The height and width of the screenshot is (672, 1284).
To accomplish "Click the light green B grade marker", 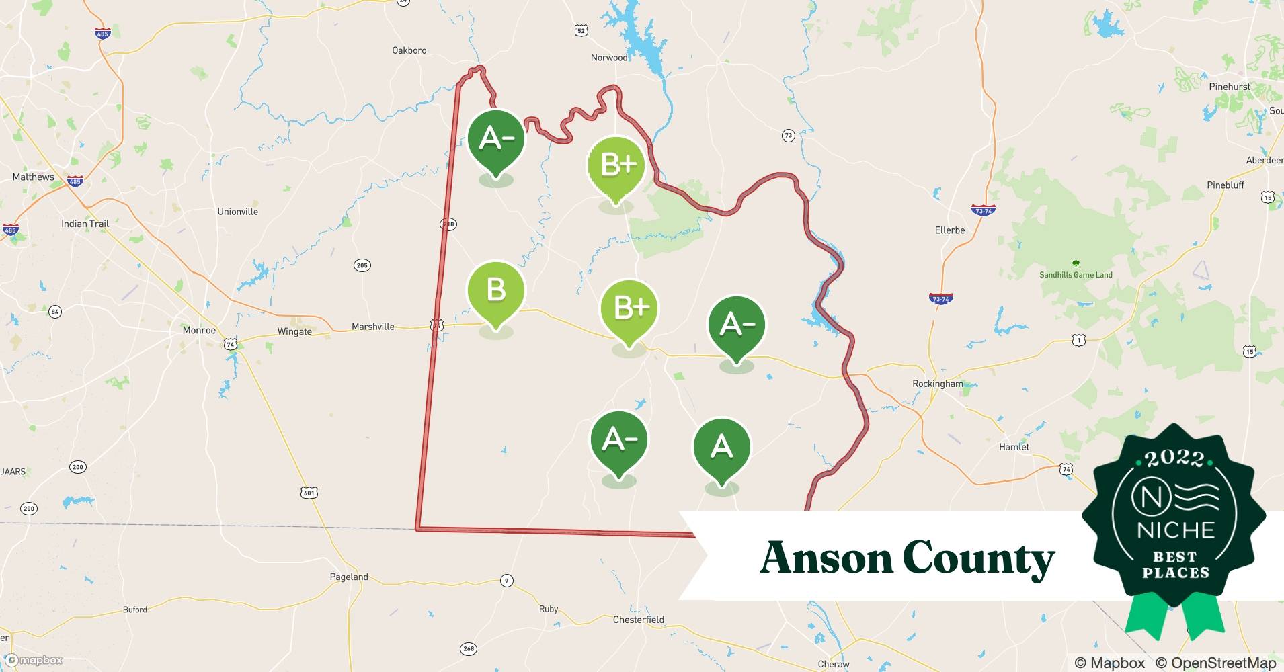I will [x=496, y=292].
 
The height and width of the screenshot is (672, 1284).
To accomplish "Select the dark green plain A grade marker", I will [x=721, y=447].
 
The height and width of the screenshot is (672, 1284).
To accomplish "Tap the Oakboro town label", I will [x=409, y=50].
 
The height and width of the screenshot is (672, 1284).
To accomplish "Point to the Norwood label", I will [x=608, y=58].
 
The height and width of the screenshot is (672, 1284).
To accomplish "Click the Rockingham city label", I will [x=937, y=384].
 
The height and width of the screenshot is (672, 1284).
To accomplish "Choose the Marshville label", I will [x=372, y=327].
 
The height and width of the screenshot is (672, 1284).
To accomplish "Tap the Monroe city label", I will [x=199, y=330].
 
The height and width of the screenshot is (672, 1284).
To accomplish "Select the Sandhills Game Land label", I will [x=1076, y=275].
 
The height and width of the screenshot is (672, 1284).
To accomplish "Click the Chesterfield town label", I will [x=638, y=620].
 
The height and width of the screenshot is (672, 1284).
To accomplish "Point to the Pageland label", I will [x=348, y=577].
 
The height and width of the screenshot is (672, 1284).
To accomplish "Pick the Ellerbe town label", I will [x=949, y=230].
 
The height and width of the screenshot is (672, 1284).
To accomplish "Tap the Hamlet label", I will [x=1014, y=447].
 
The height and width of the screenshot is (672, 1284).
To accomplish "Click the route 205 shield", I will [x=362, y=265].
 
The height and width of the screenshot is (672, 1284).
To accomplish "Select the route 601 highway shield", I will [x=309, y=493].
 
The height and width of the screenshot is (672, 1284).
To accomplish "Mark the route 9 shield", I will [x=506, y=581].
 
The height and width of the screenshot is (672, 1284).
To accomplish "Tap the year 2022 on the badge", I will [x=1174, y=459].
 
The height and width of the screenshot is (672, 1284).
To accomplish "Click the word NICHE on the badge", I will [x=1175, y=530].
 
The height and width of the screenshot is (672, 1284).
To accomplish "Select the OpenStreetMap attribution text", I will [x=1215, y=663].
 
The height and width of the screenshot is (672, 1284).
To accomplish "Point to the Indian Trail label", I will [x=85, y=224].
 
